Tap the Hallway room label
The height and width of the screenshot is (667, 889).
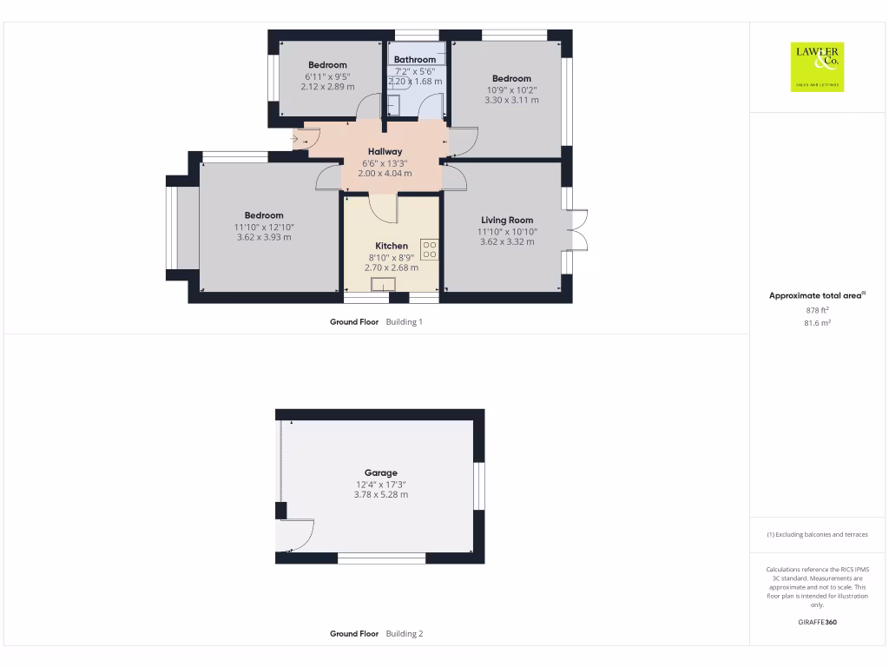pos(385,152)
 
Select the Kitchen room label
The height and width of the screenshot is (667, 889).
pos(392,246)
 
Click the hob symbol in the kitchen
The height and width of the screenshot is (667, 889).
pos(430,250)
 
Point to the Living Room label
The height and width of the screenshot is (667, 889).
pos(507,221)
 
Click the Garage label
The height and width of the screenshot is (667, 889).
pos(380,473)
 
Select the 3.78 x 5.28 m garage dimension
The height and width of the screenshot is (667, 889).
pos(380,495)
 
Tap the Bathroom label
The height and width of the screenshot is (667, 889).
pos(414,60)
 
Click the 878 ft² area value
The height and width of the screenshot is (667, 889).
pos(818,310)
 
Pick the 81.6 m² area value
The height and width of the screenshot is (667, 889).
pos(818,322)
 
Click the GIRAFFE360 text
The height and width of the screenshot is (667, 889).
pos(817,622)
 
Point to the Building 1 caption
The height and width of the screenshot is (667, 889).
pos(404,321)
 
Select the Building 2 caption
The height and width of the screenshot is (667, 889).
pos(404,634)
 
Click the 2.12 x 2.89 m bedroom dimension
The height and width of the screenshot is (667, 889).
pos(327,87)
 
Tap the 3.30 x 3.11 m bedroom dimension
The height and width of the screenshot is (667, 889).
pos(511,101)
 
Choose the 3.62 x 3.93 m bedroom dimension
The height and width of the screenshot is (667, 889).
pos(263,237)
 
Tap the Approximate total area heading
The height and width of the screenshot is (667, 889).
pos(817,296)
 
